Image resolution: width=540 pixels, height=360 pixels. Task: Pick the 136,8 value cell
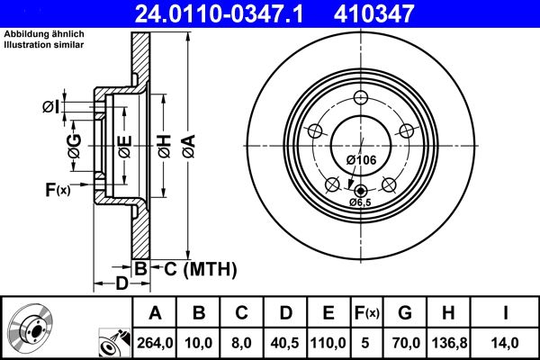coord(448,342)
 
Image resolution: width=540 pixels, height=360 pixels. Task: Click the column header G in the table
coord(405,313)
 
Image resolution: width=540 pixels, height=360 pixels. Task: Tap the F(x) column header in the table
coord(367,313)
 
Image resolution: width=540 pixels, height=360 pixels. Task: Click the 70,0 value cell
coord(405,342)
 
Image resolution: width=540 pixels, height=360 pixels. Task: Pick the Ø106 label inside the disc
coord(361,159)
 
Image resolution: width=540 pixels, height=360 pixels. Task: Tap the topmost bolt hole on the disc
coord(361,99)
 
